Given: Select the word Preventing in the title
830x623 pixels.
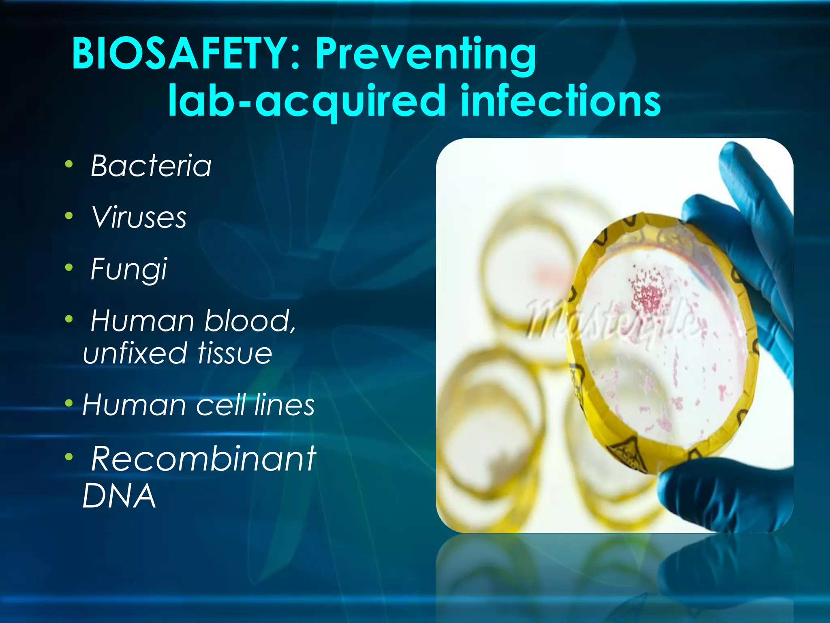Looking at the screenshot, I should click(x=426, y=55).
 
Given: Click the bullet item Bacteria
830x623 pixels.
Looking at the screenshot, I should click(x=151, y=166).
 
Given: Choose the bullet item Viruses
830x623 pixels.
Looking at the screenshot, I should click(x=139, y=217).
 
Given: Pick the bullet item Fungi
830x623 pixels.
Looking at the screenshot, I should click(x=129, y=269).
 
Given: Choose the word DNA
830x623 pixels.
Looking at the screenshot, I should click(x=119, y=496).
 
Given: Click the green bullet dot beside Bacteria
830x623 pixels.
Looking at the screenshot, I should click(x=69, y=165).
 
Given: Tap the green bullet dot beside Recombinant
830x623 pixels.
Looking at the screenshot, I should click(x=69, y=457).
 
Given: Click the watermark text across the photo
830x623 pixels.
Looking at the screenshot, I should click(x=608, y=320).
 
